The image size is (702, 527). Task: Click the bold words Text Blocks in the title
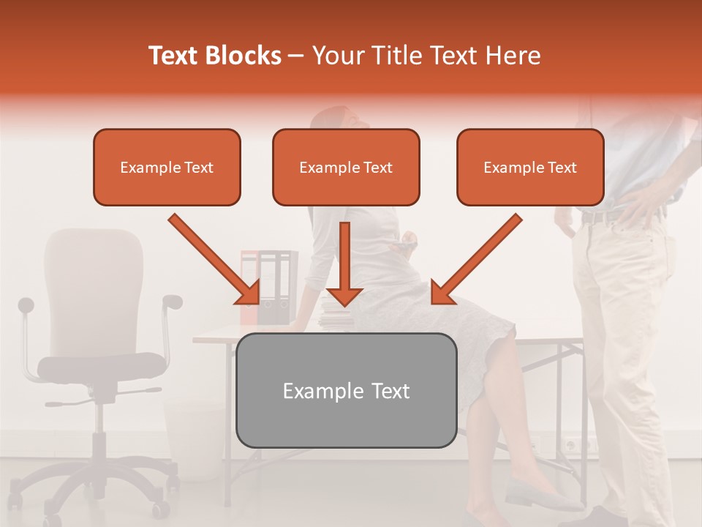(x=214, y=56)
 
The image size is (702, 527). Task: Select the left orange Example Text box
(x=167, y=167)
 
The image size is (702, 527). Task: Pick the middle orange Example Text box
(x=346, y=167)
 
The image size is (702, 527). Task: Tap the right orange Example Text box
(x=530, y=167)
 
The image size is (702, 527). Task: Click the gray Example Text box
(x=346, y=390)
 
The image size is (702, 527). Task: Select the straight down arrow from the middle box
(x=344, y=263)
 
